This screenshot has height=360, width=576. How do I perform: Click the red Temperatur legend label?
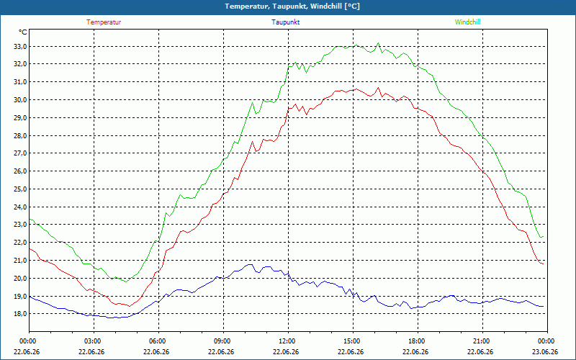click(104, 22)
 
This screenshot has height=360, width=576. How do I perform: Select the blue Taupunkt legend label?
click(285, 22)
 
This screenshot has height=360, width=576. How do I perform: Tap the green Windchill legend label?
click(467, 22)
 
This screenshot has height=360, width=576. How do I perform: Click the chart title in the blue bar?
click(292, 6)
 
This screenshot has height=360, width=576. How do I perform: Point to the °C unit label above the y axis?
click(23, 32)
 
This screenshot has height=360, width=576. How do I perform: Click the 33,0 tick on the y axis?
click(20, 46)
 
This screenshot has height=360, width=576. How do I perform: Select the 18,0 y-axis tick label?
click(20, 314)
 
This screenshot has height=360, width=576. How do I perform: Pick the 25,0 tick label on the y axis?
click(20, 189)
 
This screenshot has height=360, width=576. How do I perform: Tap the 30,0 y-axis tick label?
click(20, 100)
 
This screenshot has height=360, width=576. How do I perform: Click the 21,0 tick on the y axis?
click(20, 260)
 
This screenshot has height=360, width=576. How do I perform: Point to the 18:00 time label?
click(416, 341)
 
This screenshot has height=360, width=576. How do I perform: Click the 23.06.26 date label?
click(545, 352)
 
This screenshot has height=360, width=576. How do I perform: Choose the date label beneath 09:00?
click(221, 352)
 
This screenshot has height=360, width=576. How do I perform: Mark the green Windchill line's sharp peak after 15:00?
click(378, 42)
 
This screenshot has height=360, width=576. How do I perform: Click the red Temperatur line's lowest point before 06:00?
click(130, 306)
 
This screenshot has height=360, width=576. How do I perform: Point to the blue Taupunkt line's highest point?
click(250, 264)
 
